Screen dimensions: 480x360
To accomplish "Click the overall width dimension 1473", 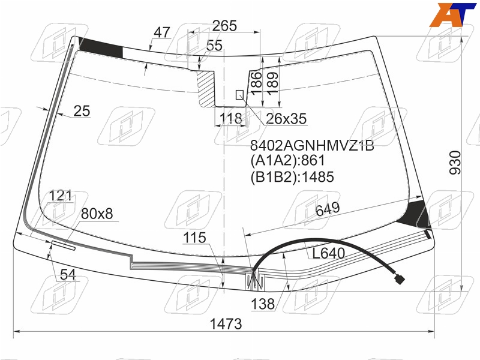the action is [226, 323].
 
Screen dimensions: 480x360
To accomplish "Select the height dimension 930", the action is [455, 163].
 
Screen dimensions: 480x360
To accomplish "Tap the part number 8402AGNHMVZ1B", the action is [312, 145].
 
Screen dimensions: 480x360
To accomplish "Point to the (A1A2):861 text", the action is [288, 160].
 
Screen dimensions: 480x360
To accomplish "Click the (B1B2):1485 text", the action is [292, 177].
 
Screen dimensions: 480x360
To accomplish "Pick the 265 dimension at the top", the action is [224, 26].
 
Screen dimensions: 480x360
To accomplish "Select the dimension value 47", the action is [161, 32].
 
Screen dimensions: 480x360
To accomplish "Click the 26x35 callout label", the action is [286, 119].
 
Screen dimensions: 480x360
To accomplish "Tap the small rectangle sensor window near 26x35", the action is [239, 95].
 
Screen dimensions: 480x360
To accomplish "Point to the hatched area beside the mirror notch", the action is [205, 88].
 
